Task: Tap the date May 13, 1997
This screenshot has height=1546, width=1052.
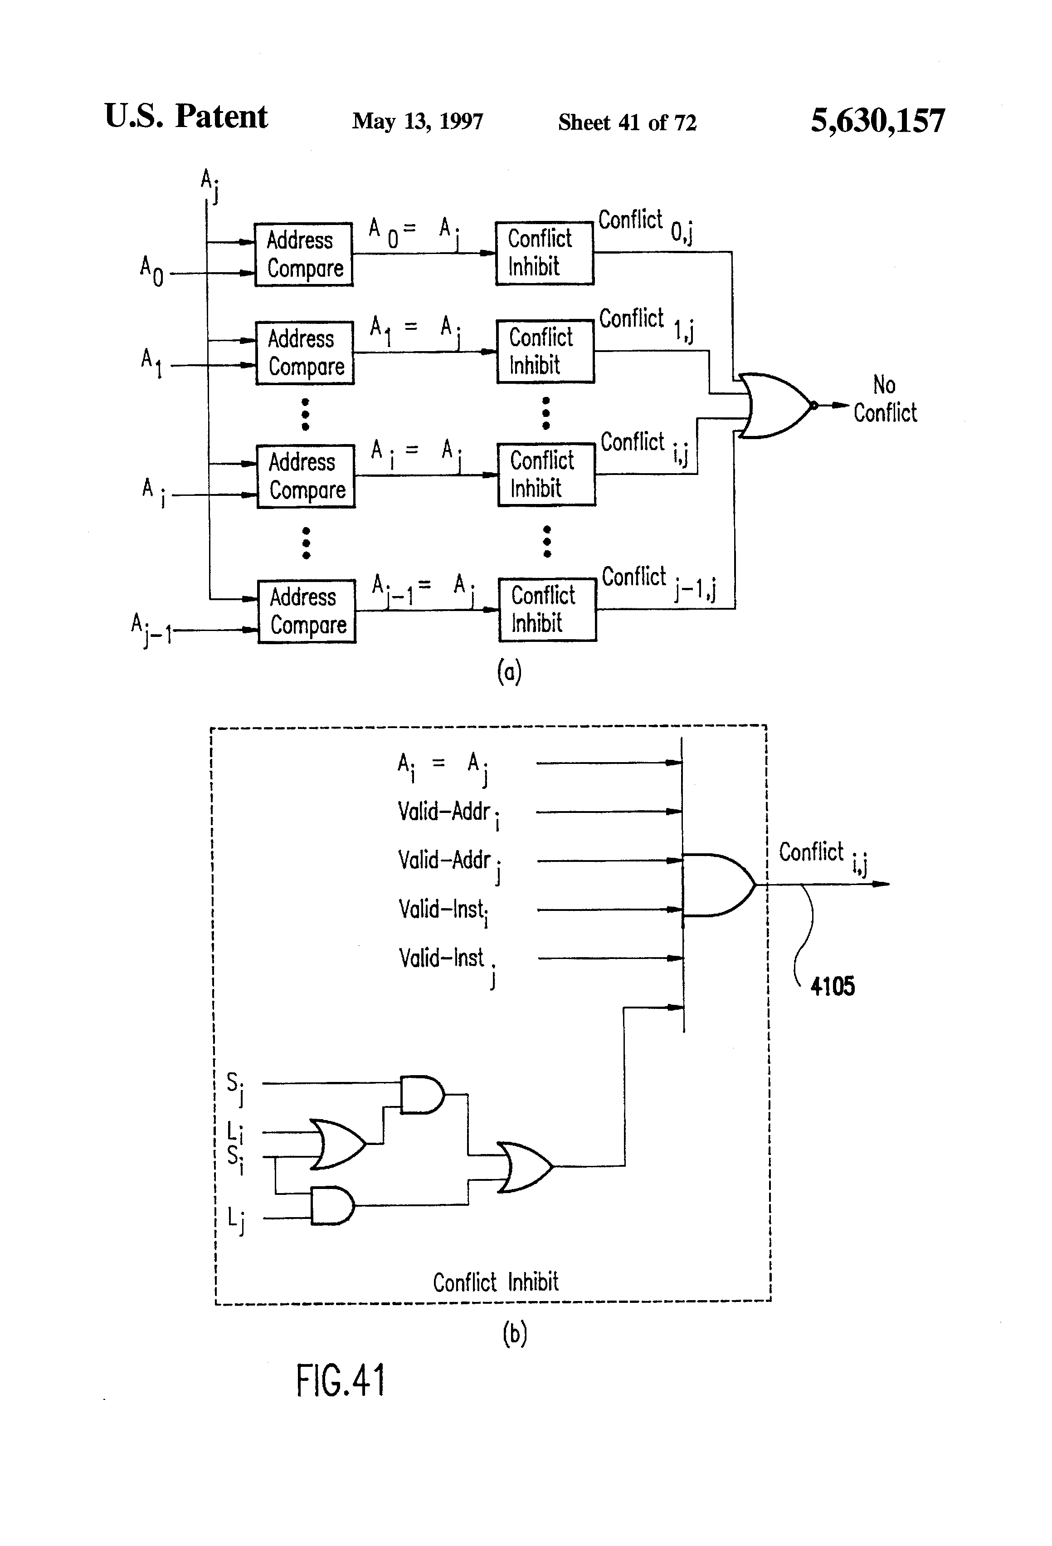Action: click(418, 121)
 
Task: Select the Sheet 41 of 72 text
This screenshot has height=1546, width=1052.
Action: click(627, 122)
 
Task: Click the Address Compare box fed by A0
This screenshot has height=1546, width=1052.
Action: click(304, 255)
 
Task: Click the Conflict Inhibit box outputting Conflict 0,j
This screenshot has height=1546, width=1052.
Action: click(545, 254)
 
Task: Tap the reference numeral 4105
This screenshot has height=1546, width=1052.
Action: click(833, 986)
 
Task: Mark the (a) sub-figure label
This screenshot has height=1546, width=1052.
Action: click(509, 672)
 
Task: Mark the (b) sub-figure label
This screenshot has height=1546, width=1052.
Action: click(515, 1333)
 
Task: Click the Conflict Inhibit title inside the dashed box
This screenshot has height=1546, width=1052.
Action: click(496, 1282)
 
